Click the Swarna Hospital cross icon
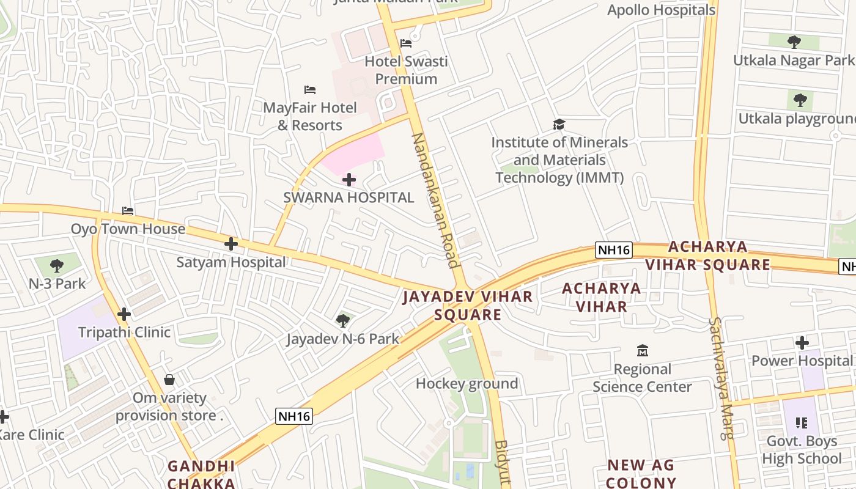click(x=349, y=180)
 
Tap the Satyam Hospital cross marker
click(x=231, y=244)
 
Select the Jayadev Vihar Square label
click(x=468, y=306)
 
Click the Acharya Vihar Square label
click(x=707, y=256)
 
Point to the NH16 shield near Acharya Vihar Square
click(x=613, y=249)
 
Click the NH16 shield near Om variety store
click(x=294, y=416)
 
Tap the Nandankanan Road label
click(x=435, y=200)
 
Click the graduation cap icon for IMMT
click(x=559, y=125)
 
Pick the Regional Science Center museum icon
click(x=642, y=351)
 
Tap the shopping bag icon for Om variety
click(x=169, y=380)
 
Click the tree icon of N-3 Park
click(x=57, y=265)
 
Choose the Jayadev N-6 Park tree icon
click(x=342, y=320)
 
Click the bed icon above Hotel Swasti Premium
click(x=406, y=43)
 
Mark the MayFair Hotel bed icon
click(x=310, y=90)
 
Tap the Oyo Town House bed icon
click(x=128, y=211)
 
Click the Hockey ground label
click(x=467, y=384)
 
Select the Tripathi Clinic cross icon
click(x=124, y=314)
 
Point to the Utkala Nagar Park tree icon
click(x=794, y=42)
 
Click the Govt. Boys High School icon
click(x=802, y=422)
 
